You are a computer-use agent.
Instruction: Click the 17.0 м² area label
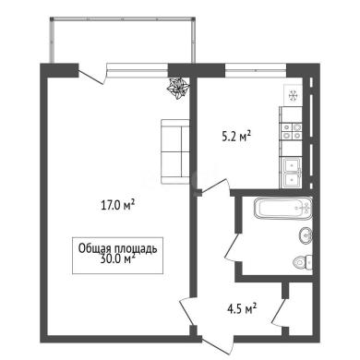click(118, 205)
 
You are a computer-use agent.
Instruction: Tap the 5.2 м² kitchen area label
click(236, 137)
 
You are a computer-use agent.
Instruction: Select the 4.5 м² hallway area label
click(242, 308)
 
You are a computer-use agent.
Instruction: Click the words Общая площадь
click(117, 248)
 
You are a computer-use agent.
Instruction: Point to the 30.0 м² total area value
click(118, 258)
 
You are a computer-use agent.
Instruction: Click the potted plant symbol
click(178, 89)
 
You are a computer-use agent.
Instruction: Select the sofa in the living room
click(175, 151)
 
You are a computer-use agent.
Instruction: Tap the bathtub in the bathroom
click(283, 208)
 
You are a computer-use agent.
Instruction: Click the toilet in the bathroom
click(303, 262)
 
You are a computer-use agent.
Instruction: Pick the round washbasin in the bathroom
click(306, 236)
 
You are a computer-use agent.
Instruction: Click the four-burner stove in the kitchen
click(292, 131)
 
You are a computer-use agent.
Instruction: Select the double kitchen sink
click(292, 173)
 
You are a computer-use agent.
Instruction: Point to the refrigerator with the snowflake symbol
click(294, 96)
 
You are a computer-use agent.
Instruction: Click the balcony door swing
click(92, 76)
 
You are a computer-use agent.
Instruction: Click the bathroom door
click(233, 247)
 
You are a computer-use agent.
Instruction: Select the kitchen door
click(215, 186)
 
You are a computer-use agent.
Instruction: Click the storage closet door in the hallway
click(279, 313)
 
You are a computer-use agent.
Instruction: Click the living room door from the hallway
click(186, 311)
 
